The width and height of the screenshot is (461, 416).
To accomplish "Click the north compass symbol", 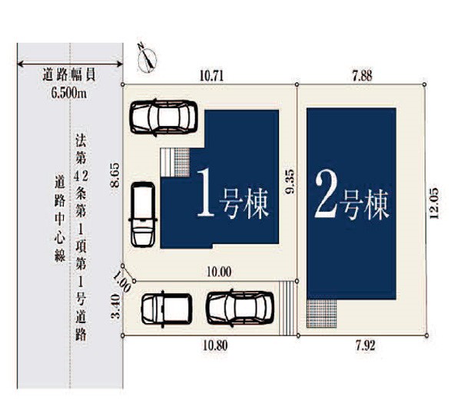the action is tap(147, 59).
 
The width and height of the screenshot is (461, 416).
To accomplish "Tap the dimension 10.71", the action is tap(211, 76).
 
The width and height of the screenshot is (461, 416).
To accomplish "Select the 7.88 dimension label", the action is tap(362, 75).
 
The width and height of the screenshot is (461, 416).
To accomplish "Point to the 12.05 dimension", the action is tap(435, 203).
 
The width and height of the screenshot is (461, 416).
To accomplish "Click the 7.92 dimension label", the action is tap(366, 346).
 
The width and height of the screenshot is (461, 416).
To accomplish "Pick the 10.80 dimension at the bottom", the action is tap(215, 346).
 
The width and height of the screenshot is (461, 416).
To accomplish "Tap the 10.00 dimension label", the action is tap(219, 272).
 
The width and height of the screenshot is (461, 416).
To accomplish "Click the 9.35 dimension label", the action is tap(290, 182).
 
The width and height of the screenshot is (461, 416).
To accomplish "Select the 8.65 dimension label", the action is tap(114, 175).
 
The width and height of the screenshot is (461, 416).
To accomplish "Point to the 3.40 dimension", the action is tap(116, 306).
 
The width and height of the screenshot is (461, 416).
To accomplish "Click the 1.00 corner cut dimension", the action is tap(122, 282).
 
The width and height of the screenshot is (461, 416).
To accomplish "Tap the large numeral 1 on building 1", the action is tap(205, 193).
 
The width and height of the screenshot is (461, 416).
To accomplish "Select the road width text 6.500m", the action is tap(69, 93).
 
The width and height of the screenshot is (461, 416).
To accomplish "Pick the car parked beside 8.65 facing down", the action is tap(143, 214).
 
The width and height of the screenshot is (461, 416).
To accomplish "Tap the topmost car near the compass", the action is tap(164, 117).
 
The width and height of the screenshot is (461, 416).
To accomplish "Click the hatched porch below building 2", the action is tap(322, 313).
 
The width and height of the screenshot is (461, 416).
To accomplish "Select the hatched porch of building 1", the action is tap(182, 163).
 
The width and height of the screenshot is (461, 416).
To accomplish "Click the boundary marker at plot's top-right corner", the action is tap(424, 84).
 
